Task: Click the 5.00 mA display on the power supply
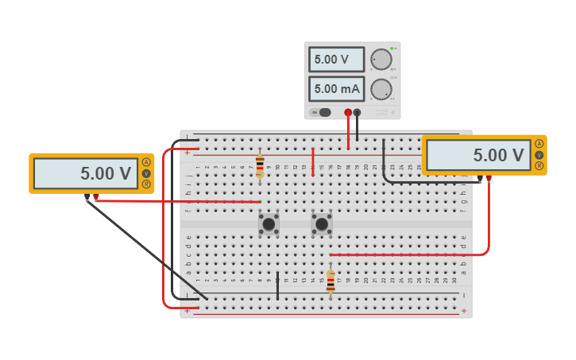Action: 336,89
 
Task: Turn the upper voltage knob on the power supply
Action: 381,60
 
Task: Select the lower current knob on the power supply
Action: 381,89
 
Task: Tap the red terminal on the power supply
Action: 348,113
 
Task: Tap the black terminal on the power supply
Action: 357,113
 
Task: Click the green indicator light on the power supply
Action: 392,48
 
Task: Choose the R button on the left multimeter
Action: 146,184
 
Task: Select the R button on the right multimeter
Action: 539,166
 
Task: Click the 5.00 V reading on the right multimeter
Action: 478,156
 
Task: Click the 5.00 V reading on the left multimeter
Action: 86,173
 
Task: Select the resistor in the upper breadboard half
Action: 260,165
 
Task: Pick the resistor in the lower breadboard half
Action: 331,281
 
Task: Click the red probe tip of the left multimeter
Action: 96,197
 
